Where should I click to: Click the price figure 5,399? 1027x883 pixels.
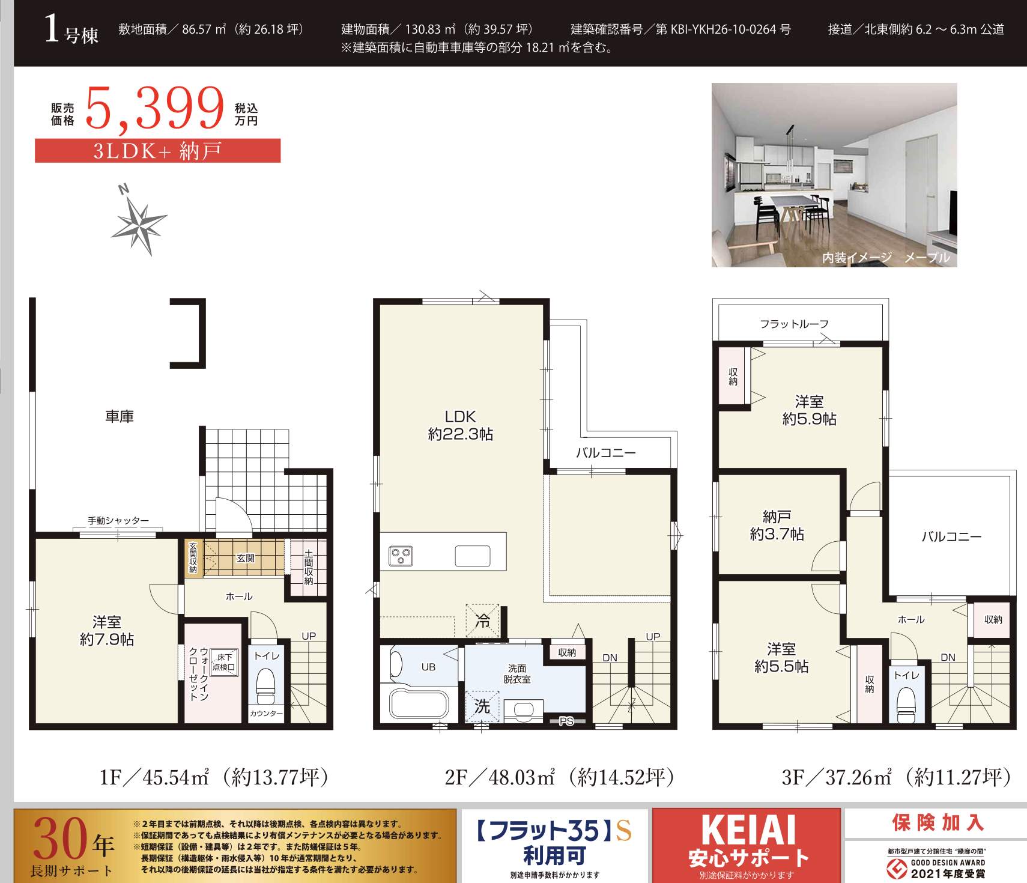point(155,108)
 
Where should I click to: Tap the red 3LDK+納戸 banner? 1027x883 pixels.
point(157,150)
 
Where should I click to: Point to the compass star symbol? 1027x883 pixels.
point(139,222)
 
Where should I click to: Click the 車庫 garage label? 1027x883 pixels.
point(120,416)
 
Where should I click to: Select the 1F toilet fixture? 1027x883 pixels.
point(265,685)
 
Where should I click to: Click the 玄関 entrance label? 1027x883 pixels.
point(245,558)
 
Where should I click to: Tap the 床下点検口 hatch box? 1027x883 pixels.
point(224,663)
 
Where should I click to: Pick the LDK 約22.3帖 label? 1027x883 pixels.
point(460,425)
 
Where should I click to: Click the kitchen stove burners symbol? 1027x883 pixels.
point(401,556)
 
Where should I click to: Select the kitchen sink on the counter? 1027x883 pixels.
point(472,556)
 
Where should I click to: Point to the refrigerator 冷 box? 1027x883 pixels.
point(482,621)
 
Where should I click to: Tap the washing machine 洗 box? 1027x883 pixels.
point(482,707)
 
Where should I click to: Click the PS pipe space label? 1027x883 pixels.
point(566,721)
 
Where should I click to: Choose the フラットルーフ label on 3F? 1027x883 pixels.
point(794,324)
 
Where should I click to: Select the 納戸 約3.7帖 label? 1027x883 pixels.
point(777,526)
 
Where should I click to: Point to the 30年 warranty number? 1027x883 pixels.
point(73,840)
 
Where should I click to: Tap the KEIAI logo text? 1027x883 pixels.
point(748,830)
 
